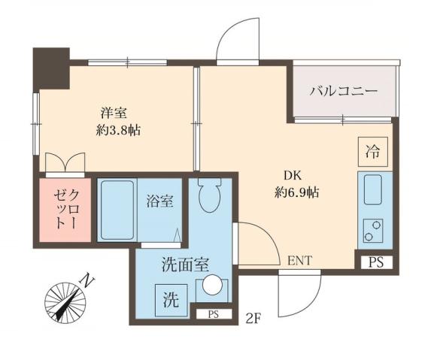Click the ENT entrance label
[x=299, y=261]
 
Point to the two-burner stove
[x=372, y=228]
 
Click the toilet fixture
[x=209, y=196]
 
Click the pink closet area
[x=61, y=210]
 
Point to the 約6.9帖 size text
[x=296, y=192]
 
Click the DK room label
[x=293, y=177]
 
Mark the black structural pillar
[x=51, y=65]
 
